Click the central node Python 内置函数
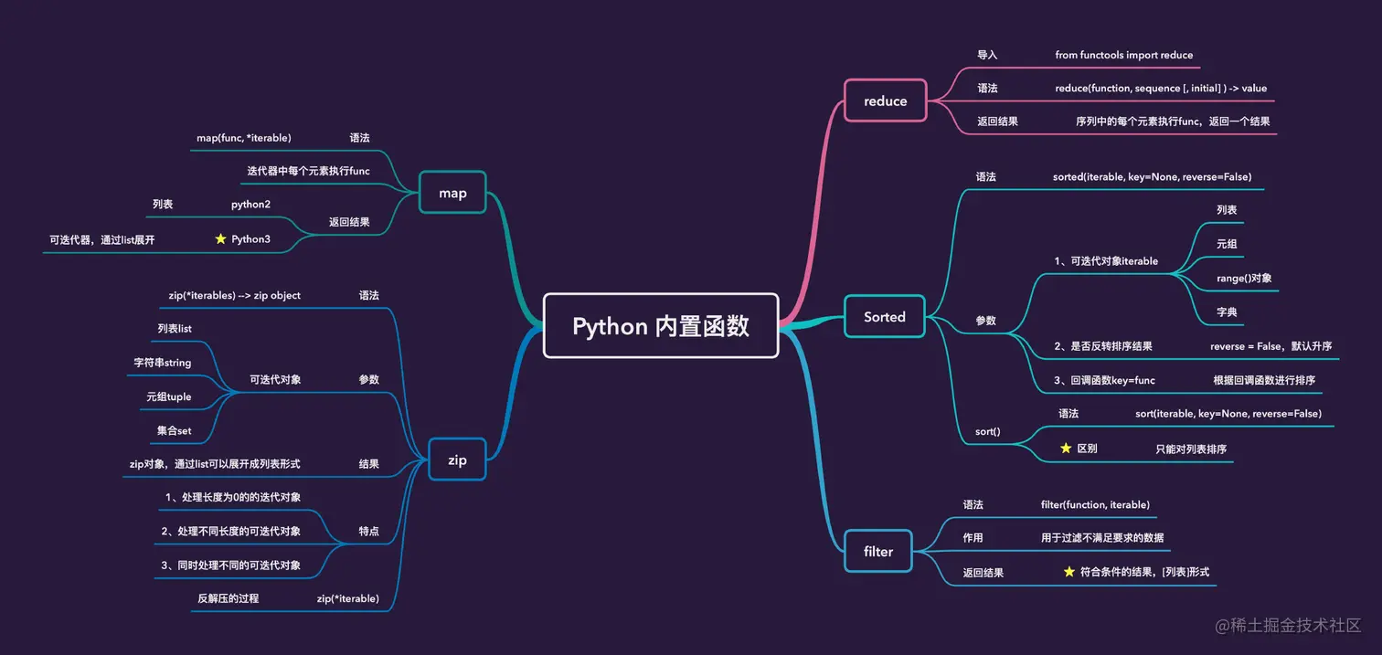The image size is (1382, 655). (x=661, y=326)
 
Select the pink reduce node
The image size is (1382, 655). (x=885, y=100)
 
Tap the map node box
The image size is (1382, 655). (x=452, y=193)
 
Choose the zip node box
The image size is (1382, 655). (x=457, y=460)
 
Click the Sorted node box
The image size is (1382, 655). (x=885, y=317)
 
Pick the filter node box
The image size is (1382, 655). (x=877, y=551)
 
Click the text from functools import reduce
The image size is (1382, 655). (x=1123, y=55)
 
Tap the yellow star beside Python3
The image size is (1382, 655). (x=220, y=238)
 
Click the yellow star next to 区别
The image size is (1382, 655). (x=1065, y=449)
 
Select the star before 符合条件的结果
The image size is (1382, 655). (x=1068, y=572)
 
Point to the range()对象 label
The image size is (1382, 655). (x=1244, y=278)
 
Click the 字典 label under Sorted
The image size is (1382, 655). (x=1227, y=312)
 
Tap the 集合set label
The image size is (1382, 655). (x=174, y=430)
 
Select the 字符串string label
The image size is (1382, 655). (x=163, y=363)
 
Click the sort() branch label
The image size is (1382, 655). (x=987, y=430)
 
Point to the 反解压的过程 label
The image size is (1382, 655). (x=229, y=598)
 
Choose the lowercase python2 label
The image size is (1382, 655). (x=250, y=205)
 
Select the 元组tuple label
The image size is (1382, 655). (x=168, y=396)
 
